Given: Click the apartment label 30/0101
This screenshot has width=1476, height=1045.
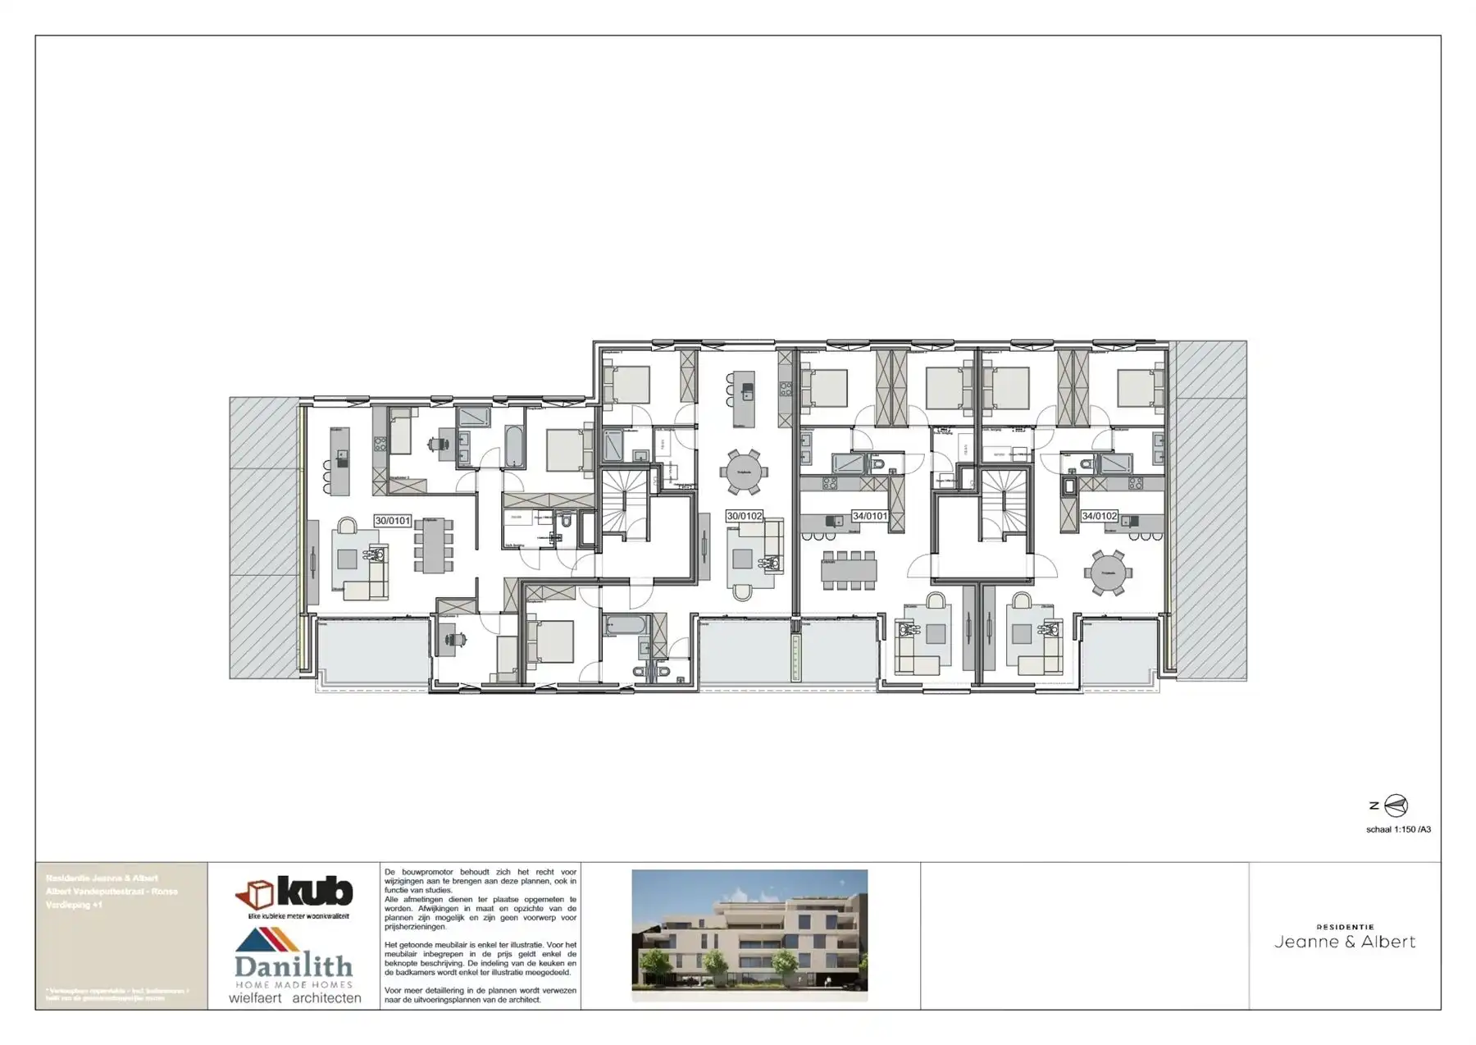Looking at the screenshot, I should tap(392, 521).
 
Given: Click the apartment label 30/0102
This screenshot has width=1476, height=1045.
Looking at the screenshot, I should tap(744, 516).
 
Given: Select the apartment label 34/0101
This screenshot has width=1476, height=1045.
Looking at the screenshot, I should tap(869, 516).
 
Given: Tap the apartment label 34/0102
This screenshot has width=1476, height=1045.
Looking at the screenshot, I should tap(1099, 516).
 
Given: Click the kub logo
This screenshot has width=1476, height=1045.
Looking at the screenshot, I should tap(294, 893).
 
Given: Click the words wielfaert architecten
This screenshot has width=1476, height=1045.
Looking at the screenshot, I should tap(294, 998).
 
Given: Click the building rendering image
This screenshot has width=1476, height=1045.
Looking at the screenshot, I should tap(749, 934).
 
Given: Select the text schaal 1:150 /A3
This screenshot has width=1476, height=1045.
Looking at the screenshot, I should tap(1398, 829).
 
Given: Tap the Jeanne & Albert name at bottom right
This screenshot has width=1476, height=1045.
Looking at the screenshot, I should tap(1345, 942).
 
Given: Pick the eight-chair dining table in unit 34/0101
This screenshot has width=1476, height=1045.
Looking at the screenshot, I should tap(850, 570).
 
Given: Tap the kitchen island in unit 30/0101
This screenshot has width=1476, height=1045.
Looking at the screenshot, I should tap(339, 461).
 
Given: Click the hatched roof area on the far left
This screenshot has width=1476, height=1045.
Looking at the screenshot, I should tap(262, 537).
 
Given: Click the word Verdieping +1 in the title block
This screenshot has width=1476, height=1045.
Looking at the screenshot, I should tap(75, 905).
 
